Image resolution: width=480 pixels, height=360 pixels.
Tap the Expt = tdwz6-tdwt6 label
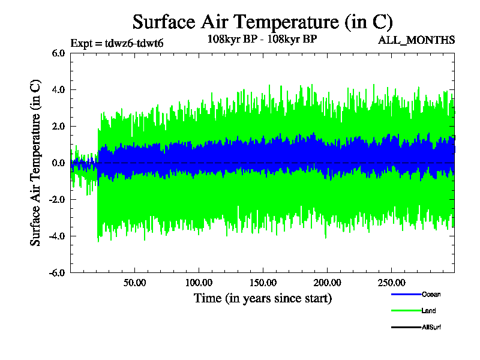(117, 43)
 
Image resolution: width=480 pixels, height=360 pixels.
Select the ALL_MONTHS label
(416, 40)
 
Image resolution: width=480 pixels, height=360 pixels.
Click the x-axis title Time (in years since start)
(262, 298)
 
